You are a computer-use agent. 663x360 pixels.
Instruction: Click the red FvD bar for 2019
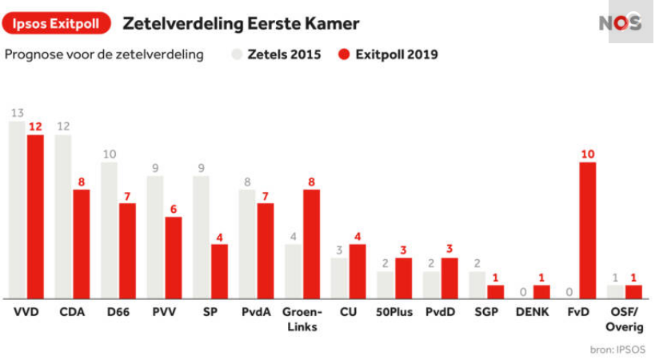588,230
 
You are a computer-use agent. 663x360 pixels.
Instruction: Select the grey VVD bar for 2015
16,210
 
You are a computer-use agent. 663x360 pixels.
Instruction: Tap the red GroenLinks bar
312,244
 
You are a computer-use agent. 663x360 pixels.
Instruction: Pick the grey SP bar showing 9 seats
201,237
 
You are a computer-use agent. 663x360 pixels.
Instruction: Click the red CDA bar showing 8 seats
82,244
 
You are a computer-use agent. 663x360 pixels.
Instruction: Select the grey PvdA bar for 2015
246,244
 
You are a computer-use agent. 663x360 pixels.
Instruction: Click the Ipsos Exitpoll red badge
56,23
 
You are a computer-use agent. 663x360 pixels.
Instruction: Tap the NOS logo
621,22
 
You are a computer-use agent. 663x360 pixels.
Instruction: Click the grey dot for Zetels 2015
238,54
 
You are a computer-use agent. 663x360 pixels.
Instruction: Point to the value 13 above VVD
16,114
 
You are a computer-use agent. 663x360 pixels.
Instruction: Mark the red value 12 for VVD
35,127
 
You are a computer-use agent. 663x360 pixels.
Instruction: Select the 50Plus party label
394,312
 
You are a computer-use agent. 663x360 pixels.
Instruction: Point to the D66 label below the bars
118,312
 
